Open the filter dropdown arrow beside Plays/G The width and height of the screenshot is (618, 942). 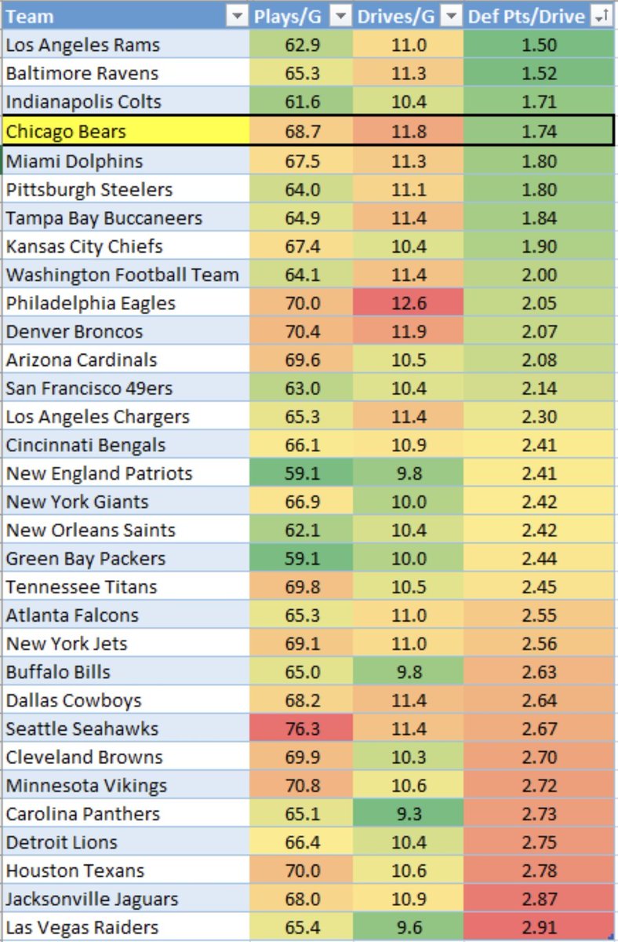(x=340, y=16)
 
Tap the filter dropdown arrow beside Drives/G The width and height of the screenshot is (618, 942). (x=450, y=16)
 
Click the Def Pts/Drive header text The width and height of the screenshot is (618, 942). (x=525, y=16)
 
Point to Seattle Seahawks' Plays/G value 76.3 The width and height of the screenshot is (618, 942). (x=300, y=728)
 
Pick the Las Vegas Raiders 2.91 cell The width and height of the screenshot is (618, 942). (x=540, y=927)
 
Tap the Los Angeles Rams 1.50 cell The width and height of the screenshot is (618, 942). (x=540, y=45)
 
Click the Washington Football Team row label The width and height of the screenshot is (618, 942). (x=122, y=275)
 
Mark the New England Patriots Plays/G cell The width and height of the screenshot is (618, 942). (x=300, y=473)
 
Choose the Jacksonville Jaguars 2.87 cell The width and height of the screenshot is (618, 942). (x=540, y=899)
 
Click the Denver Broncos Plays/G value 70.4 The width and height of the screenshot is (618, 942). (x=300, y=331)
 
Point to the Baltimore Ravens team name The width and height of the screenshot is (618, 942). (x=82, y=74)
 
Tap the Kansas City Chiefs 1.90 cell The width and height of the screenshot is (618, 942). (x=540, y=246)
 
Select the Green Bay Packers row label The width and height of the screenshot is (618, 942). (x=85, y=558)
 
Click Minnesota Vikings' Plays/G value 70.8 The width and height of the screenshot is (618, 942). (x=300, y=785)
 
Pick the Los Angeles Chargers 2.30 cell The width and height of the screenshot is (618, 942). (x=540, y=417)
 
